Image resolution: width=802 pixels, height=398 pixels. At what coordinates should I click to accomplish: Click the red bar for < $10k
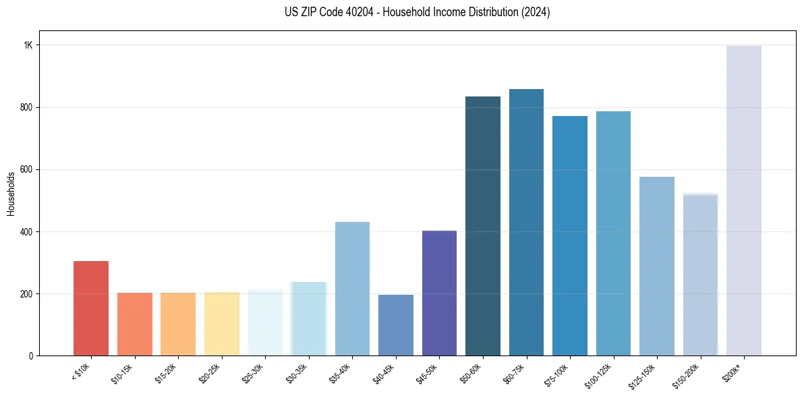[x=91, y=308]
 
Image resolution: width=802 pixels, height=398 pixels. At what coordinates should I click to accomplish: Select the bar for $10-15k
[x=134, y=324]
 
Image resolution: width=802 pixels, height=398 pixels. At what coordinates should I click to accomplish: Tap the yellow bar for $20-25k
[x=221, y=324]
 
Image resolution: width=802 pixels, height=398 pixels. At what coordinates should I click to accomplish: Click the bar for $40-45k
[x=395, y=325]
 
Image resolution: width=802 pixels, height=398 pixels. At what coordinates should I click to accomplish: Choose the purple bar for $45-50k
[x=439, y=293]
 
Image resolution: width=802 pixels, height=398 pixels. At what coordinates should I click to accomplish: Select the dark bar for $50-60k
[x=482, y=226]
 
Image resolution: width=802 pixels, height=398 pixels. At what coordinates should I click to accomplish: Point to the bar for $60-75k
[x=526, y=223]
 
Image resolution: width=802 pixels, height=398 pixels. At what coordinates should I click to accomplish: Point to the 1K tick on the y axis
[x=28, y=45]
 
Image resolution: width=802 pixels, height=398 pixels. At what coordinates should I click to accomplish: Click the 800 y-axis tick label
[x=26, y=107]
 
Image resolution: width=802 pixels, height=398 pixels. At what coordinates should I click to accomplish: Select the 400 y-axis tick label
[x=26, y=232]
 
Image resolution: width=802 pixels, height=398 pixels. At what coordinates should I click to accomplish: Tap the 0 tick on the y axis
[x=30, y=356]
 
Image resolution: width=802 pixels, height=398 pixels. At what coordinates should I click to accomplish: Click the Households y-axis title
[x=11, y=194]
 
